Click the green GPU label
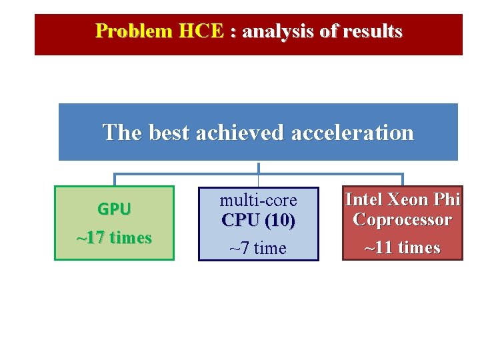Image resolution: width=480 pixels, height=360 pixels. pyautogui.click(x=114, y=209)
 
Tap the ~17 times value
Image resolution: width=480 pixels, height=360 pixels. pyautogui.click(x=114, y=238)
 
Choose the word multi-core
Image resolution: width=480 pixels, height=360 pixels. pyautogui.click(x=259, y=200)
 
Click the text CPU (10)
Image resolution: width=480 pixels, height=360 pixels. pyautogui.click(x=259, y=220)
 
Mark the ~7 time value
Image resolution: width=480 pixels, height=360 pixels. pyautogui.click(x=258, y=249)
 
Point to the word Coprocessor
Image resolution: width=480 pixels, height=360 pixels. pyautogui.click(x=403, y=219)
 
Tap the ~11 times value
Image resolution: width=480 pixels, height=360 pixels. pyautogui.click(x=403, y=248)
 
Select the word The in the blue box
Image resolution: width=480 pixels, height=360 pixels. pyautogui.click(x=123, y=133)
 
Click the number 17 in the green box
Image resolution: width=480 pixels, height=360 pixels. pyautogui.click(x=97, y=238)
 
